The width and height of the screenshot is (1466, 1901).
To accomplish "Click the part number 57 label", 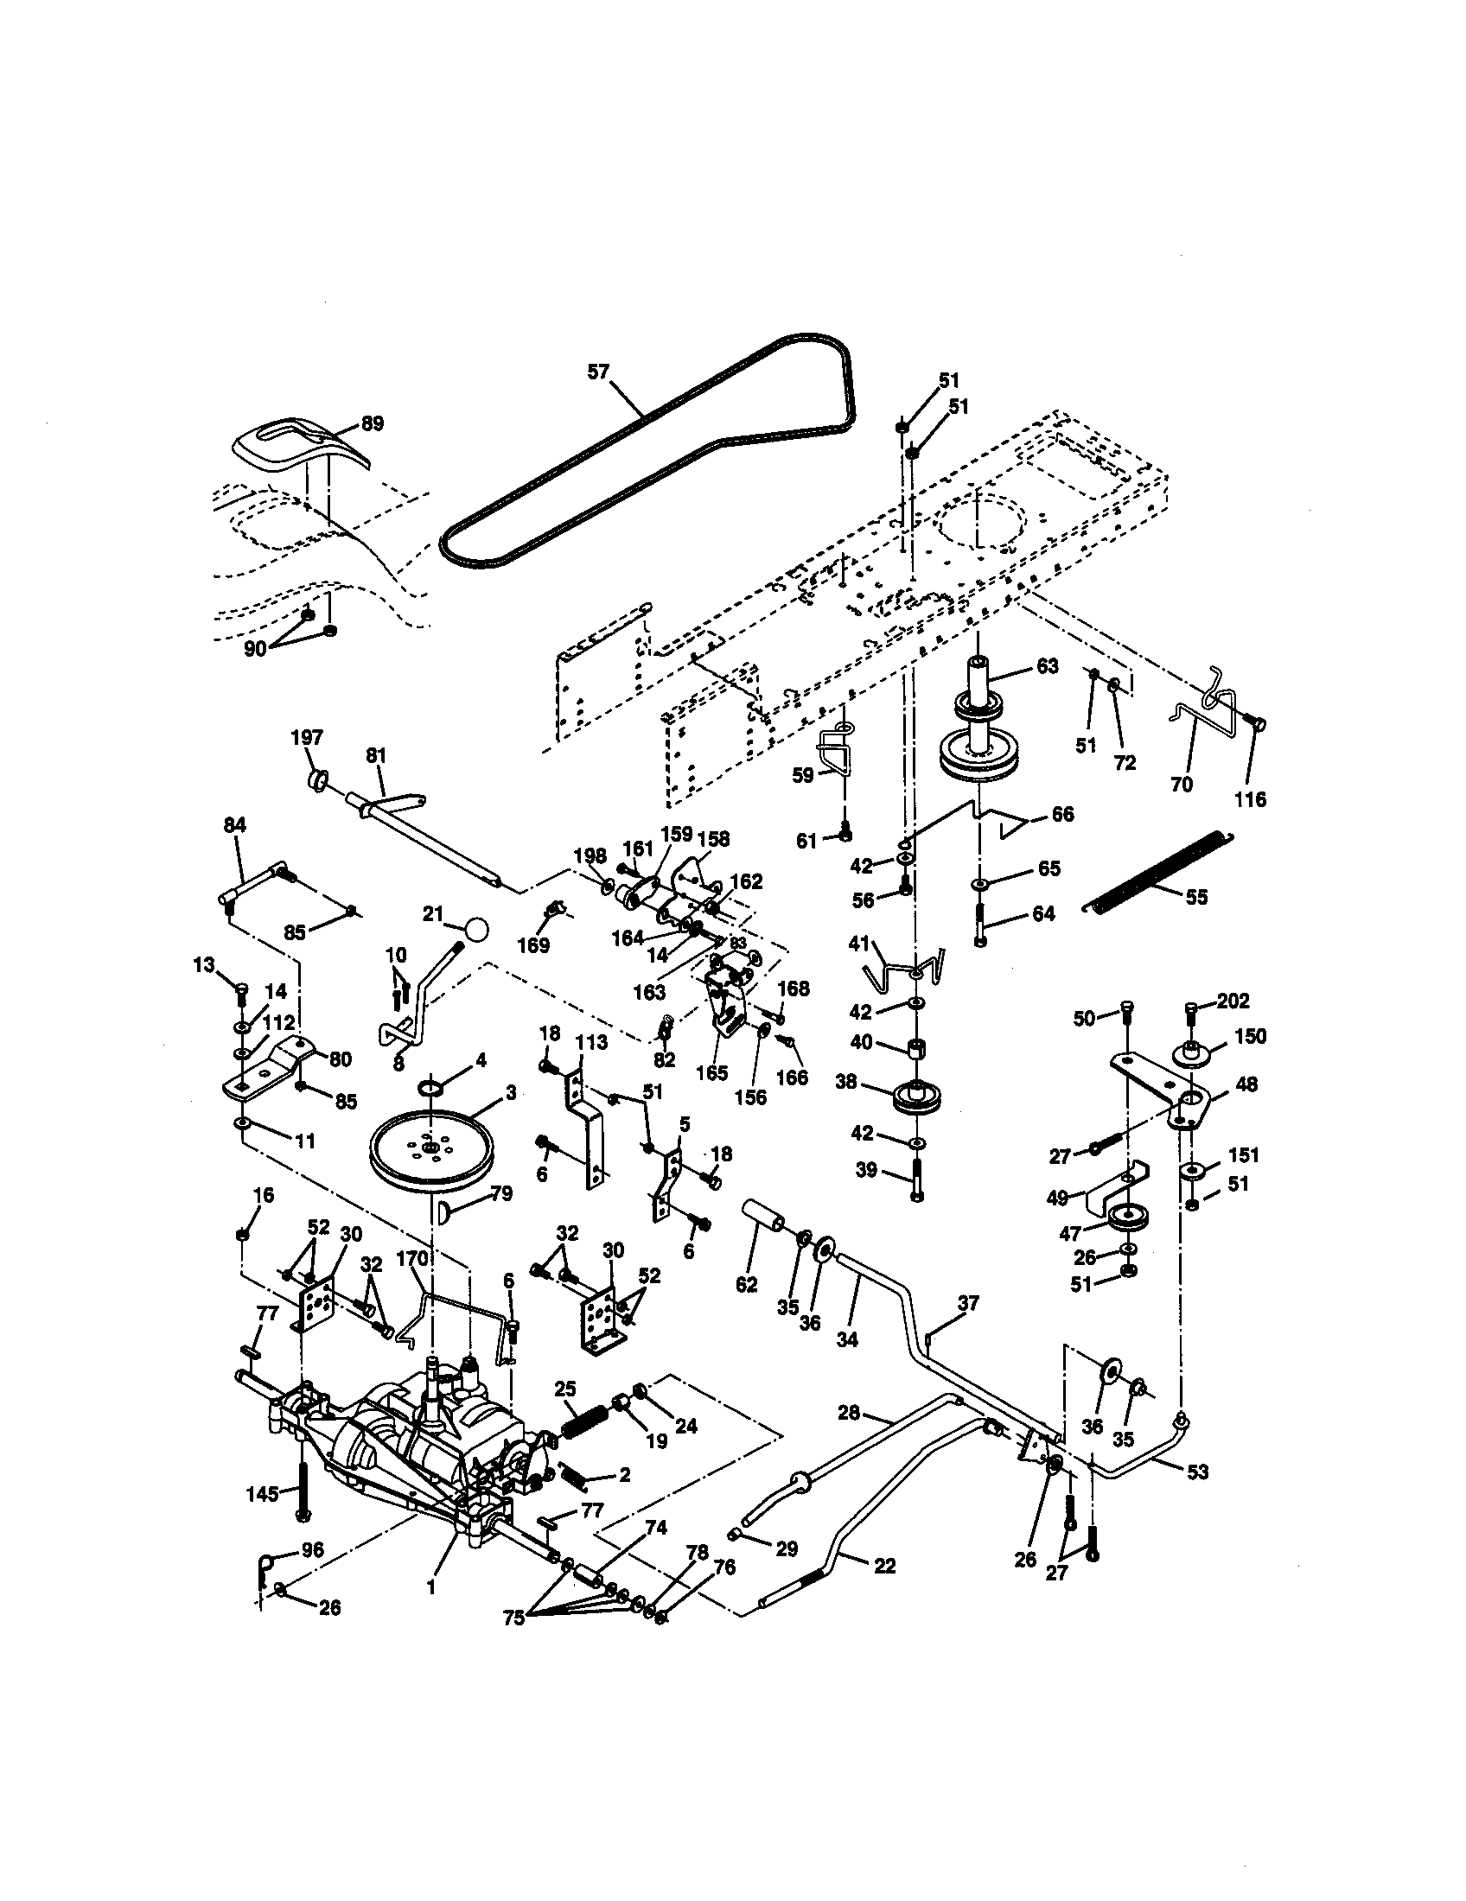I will click(x=598, y=372).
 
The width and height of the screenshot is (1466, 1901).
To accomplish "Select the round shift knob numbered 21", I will click(x=476, y=929).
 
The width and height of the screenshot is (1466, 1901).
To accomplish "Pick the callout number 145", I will click(x=262, y=1495).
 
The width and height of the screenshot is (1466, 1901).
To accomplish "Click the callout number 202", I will click(x=1233, y=1001).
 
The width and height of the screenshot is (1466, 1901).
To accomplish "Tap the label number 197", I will click(x=307, y=738).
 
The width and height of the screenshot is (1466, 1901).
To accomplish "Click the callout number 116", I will click(x=1251, y=799).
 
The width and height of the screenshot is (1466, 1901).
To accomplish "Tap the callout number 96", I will click(x=311, y=1550).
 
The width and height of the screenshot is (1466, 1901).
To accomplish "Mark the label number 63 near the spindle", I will click(x=1047, y=666).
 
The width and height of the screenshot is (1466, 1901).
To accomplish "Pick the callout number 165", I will click(x=711, y=1073).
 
